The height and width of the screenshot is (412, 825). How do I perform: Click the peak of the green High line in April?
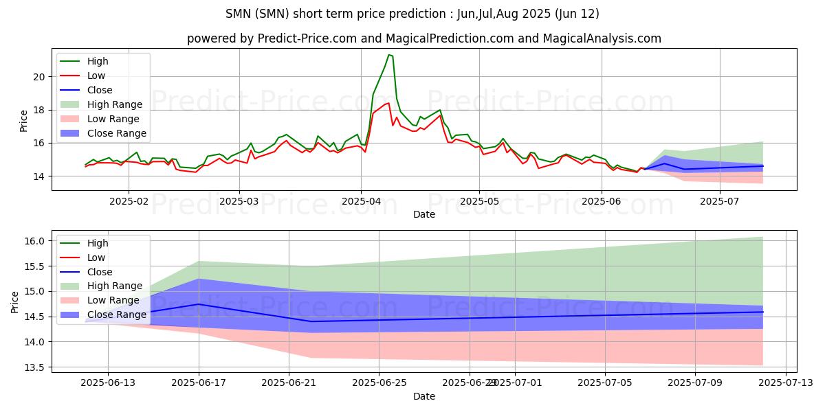point(388,54)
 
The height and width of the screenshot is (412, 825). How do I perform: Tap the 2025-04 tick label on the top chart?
point(361,202)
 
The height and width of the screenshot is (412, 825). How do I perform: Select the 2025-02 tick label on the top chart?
point(129,202)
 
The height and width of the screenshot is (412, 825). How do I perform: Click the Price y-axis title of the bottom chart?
point(15,301)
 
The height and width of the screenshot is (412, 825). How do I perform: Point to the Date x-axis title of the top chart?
point(424,214)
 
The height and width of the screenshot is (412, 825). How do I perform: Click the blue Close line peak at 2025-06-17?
point(199,304)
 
